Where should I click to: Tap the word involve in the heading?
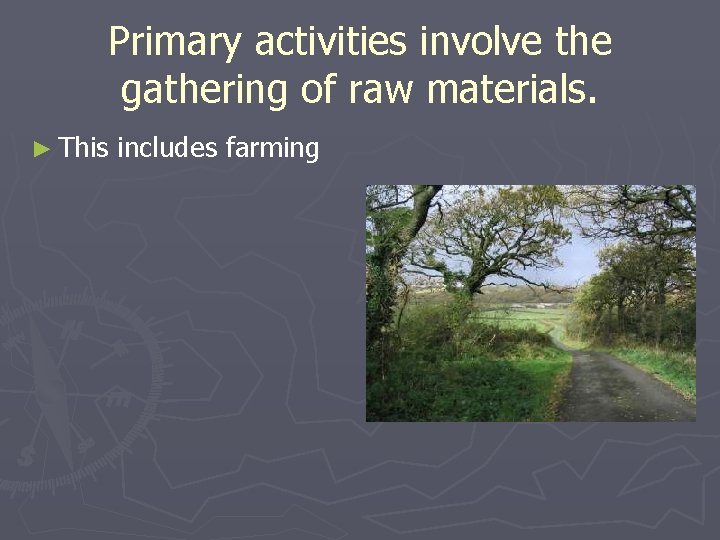pos(465,43)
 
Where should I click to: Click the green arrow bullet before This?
pos(40,150)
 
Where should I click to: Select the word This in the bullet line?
pos(83,149)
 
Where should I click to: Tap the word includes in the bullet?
pos(167,149)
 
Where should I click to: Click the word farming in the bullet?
pos(272,150)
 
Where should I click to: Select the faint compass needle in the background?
pos(50,390)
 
